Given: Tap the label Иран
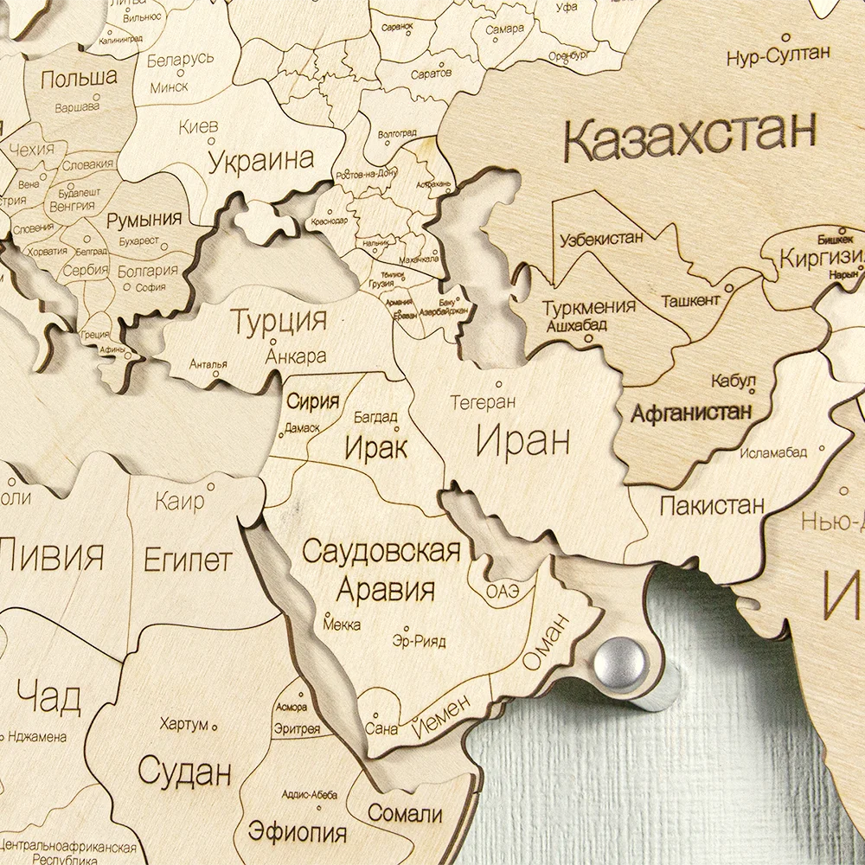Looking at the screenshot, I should pyautogui.click(x=522, y=442).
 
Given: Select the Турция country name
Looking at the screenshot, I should pyautogui.click(x=279, y=322).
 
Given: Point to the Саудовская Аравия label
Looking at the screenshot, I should pyautogui.click(x=381, y=570).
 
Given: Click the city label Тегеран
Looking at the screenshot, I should pyautogui.click(x=483, y=402).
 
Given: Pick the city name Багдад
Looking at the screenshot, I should pyautogui.click(x=375, y=417).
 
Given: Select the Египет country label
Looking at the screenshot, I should pyautogui.click(x=187, y=560).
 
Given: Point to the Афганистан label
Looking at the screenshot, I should pyautogui.click(x=691, y=412).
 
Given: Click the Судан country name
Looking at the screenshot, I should pyautogui.click(x=185, y=769).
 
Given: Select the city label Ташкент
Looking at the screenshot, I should pyautogui.click(x=689, y=300).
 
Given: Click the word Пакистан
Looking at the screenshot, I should pyautogui.click(x=711, y=505).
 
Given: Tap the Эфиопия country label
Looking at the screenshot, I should pyautogui.click(x=298, y=832).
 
